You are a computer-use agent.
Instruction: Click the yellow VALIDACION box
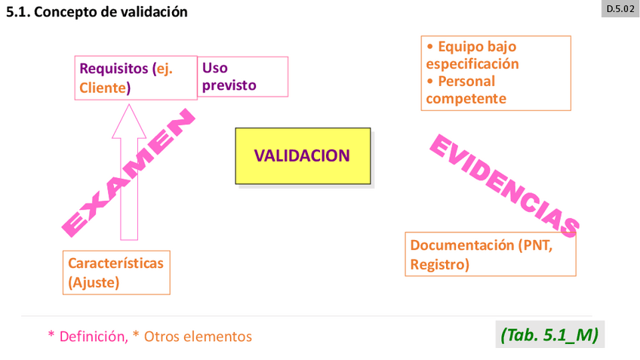point(302,155)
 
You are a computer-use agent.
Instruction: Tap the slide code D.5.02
point(620,10)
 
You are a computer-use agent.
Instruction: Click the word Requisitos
point(114,69)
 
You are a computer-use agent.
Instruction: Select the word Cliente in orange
point(103,88)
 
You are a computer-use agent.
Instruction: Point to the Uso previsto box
point(242,76)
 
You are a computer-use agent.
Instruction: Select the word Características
point(115,263)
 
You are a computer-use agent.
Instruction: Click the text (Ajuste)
point(94,283)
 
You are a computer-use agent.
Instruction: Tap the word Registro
point(438,264)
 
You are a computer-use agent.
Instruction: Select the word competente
point(466,98)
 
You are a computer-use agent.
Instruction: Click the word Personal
point(466,81)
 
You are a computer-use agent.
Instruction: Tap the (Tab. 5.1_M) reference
point(549,334)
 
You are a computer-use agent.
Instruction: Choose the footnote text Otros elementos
point(198,337)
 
